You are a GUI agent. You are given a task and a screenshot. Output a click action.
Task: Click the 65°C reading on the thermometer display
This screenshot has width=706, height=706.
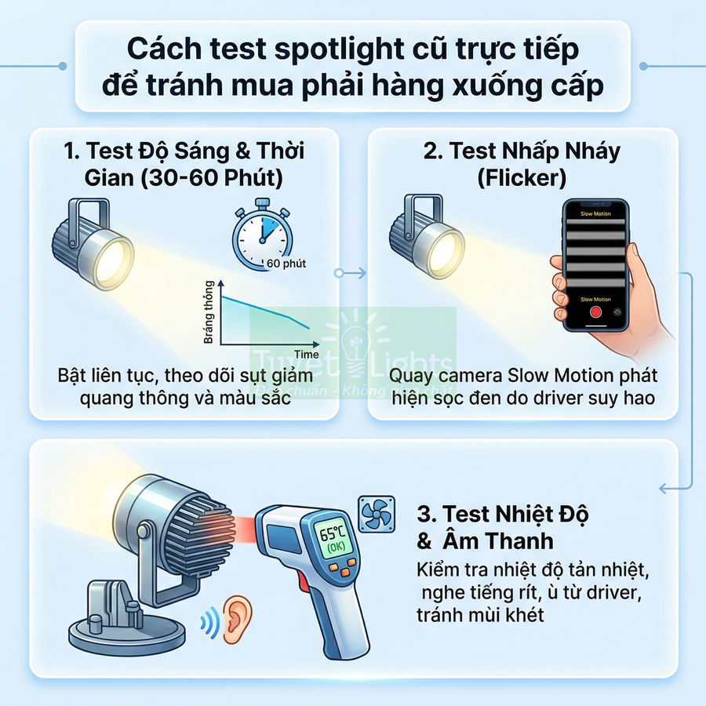click(x=332, y=533)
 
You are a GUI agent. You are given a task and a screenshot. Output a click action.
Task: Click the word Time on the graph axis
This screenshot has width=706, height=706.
click(x=306, y=355)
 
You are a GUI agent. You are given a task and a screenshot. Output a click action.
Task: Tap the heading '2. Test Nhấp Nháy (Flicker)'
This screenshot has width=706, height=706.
click(x=522, y=163)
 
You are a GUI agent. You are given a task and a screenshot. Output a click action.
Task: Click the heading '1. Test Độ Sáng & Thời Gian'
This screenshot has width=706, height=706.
click(x=184, y=163)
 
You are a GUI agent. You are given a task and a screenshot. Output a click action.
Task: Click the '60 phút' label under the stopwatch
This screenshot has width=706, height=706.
click(x=286, y=264)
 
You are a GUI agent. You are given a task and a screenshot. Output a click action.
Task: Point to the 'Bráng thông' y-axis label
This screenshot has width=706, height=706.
click(x=209, y=311)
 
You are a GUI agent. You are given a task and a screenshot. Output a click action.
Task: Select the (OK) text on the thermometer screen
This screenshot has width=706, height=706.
click(x=333, y=549)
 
